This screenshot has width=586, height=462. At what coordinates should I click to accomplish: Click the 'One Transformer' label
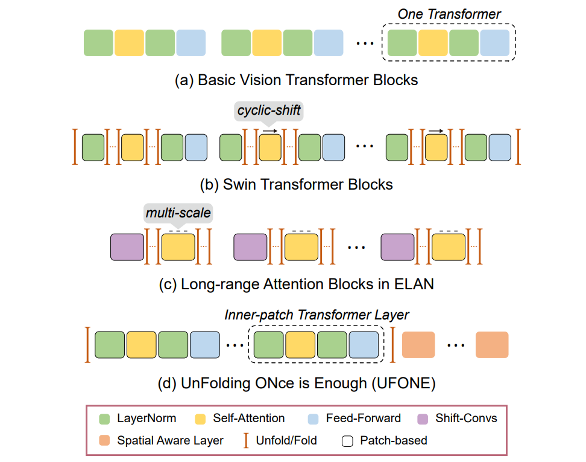tap(449, 13)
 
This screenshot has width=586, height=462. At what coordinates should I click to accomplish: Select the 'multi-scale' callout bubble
tap(178, 213)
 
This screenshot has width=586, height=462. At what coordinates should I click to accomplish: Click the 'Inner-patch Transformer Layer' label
tap(317, 315)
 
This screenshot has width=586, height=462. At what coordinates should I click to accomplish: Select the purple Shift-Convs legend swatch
tap(423, 419)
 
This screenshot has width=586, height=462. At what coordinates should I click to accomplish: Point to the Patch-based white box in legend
tap(347, 440)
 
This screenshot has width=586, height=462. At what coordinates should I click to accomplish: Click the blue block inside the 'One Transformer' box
tap(494, 43)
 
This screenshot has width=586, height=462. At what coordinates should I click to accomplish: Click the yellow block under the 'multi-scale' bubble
tap(178, 246)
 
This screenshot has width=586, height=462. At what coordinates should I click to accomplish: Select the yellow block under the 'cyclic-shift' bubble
tap(269, 147)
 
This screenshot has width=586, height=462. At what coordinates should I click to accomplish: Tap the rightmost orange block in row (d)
tap(491, 344)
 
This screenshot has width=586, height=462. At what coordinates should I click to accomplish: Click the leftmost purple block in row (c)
tap(127, 246)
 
